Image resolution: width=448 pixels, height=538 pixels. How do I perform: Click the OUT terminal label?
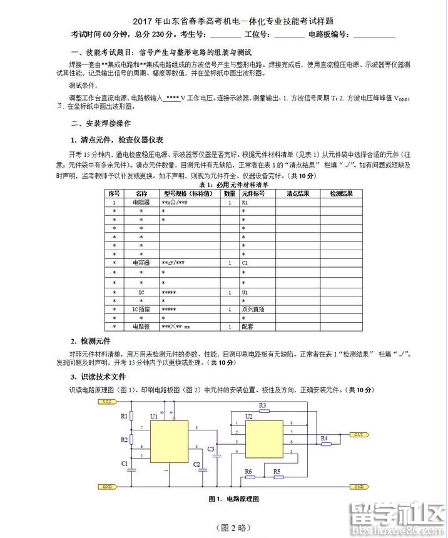pos(358,434)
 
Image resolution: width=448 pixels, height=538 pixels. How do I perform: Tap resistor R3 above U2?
pos(262,412)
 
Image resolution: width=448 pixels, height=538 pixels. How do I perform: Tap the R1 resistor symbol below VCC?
pos(131,416)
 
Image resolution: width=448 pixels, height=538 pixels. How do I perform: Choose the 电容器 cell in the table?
pos(141,263)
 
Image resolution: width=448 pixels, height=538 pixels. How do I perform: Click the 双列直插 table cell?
pos(253,309)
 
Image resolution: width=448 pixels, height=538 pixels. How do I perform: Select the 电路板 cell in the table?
pos(141,327)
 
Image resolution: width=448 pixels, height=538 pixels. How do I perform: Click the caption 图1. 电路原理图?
pos(233,499)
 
